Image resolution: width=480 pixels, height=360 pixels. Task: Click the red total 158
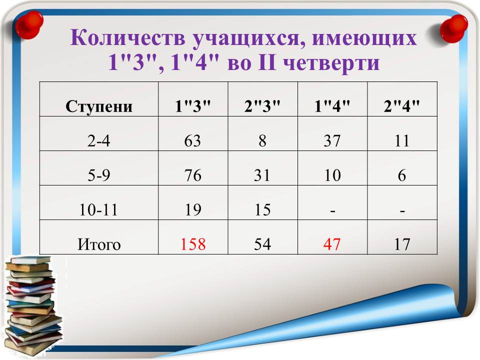193,244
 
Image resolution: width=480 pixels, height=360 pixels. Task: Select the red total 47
332,244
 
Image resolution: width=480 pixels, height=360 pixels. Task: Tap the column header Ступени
99,106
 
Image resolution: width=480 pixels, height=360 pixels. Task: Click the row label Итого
99,244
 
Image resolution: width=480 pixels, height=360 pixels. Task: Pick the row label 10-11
98,210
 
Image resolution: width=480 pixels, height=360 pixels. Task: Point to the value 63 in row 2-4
192,141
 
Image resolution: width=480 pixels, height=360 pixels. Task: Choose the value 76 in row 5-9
193,175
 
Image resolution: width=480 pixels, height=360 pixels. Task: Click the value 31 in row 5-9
262,175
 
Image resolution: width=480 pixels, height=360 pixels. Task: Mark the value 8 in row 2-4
262,141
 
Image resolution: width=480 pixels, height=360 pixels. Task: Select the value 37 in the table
332,141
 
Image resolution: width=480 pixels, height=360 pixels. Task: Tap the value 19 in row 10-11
193,210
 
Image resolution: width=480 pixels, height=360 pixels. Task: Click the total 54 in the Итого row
262,244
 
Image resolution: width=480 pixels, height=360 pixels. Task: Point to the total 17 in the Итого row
402,244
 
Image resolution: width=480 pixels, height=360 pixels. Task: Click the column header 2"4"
401,106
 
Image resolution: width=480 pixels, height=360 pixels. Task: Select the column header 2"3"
262,106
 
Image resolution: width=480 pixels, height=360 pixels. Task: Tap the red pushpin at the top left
29,25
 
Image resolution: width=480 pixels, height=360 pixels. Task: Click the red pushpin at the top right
454,28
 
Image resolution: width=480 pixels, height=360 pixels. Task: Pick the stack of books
33,306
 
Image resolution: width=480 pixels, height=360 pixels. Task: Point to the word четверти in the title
331,63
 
